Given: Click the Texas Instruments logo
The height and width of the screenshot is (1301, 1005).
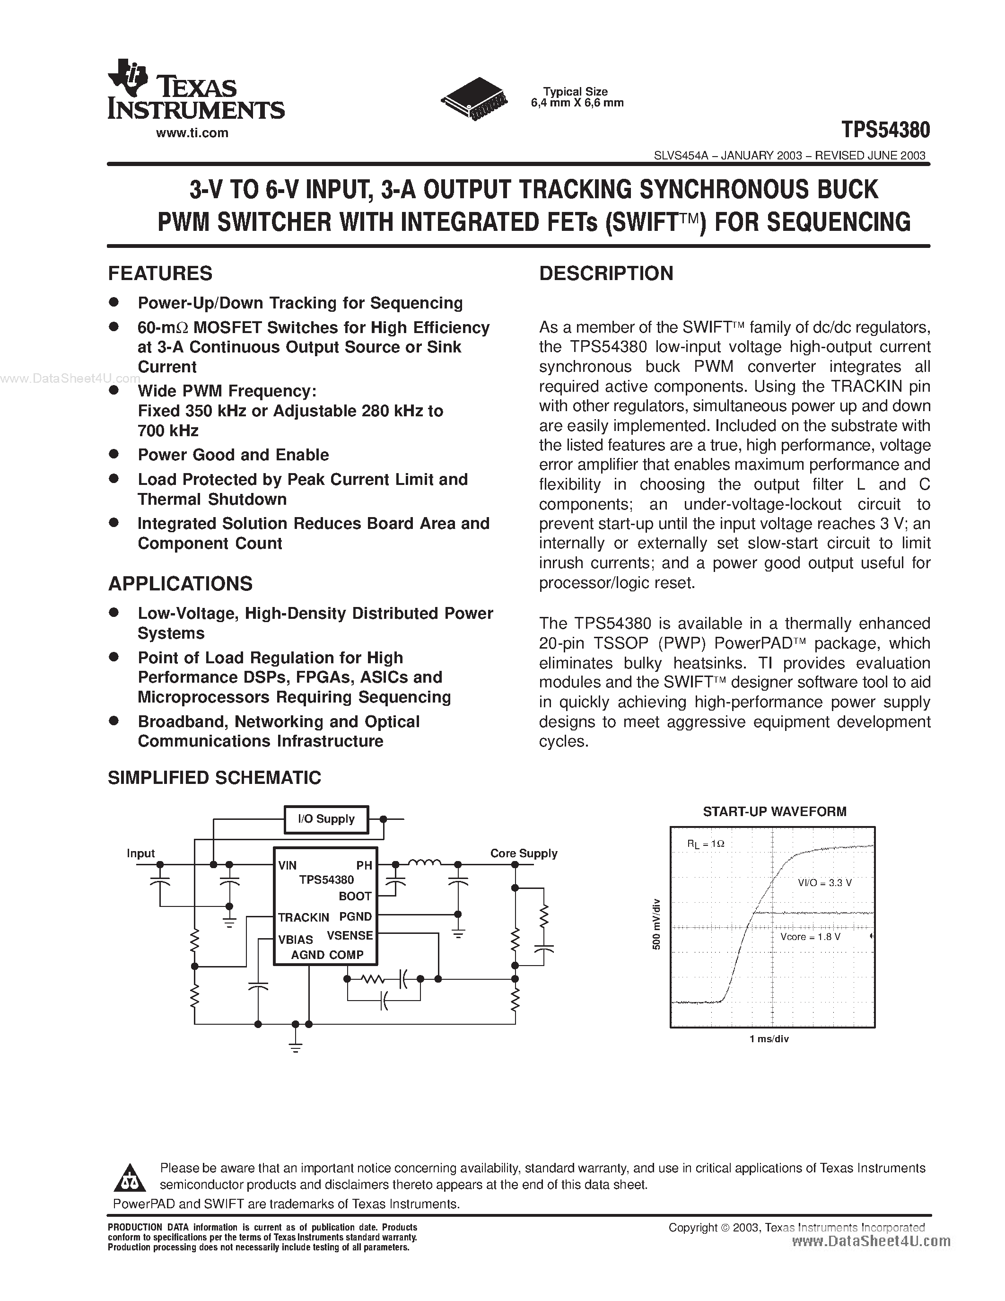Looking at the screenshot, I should click(195, 90).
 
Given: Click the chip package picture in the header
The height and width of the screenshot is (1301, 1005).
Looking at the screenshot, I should click(474, 99).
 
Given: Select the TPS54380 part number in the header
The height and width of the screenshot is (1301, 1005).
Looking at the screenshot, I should click(885, 129).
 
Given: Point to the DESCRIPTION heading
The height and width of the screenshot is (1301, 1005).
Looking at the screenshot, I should click(606, 273).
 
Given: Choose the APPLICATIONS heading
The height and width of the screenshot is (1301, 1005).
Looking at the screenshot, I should click(180, 583).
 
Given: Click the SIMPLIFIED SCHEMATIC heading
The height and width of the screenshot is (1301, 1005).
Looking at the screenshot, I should click(214, 777).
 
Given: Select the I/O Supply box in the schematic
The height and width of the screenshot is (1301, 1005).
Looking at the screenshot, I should click(326, 819).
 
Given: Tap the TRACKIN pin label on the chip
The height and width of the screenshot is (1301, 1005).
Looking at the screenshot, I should click(303, 917).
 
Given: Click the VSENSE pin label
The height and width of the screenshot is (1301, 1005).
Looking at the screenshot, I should click(350, 935).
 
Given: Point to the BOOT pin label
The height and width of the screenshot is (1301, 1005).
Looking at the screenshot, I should click(355, 896).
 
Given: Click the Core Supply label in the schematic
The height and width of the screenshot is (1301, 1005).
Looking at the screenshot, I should click(524, 853).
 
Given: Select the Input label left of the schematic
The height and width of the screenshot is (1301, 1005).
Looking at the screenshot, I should click(140, 853).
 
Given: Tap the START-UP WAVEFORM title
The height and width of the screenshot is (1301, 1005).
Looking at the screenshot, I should click(774, 811).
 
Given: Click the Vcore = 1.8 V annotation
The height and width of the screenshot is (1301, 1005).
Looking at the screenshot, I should click(810, 936).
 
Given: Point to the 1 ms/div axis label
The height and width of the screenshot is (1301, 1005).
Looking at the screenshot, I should click(769, 1039).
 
